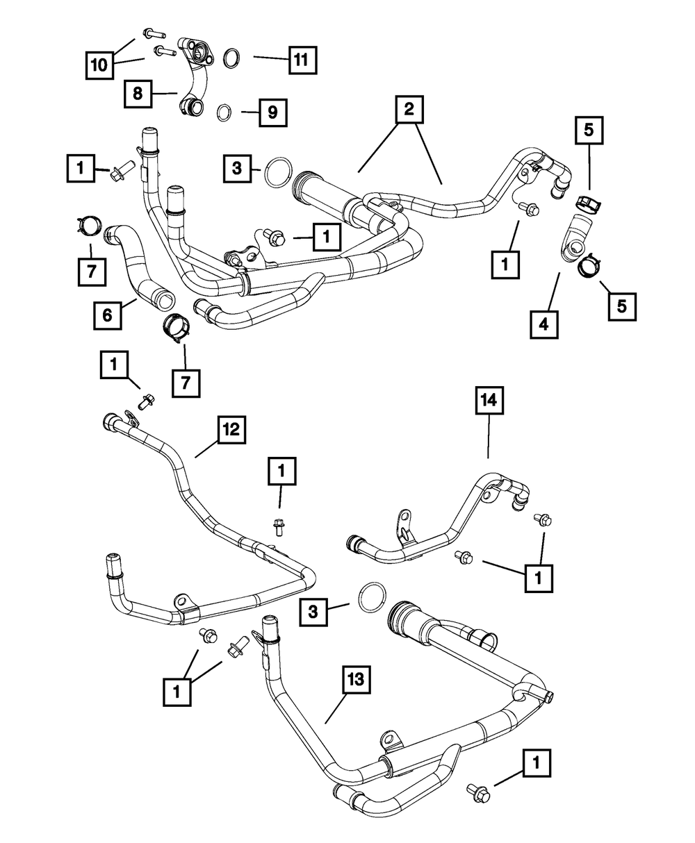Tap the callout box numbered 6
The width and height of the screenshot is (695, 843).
point(108,314)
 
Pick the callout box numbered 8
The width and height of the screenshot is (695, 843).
point(138,93)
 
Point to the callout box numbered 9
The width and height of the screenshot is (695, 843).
point(272,111)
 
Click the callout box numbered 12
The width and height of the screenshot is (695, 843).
point(230,431)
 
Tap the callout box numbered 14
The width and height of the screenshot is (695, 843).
point(489,403)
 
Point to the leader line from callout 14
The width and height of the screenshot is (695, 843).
point(488,437)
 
